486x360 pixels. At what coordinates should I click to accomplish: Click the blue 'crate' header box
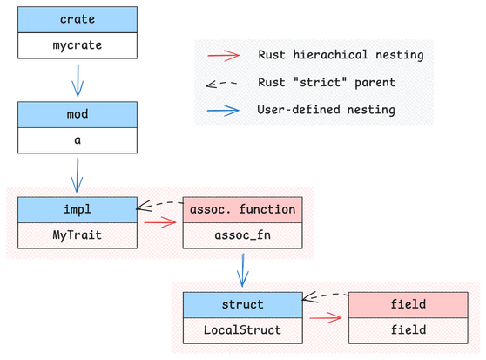78,19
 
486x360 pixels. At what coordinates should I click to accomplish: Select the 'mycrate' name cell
78,45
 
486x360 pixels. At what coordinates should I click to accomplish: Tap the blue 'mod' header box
78,114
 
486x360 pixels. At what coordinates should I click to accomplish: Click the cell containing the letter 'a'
78,140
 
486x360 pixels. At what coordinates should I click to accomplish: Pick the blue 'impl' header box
78,209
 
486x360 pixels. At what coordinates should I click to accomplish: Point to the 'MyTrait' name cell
78,235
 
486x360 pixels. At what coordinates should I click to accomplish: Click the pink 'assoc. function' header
243,209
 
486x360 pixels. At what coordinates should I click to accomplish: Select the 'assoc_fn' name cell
243,235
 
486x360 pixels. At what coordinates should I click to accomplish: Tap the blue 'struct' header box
243,304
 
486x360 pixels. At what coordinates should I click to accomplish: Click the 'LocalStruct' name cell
243,330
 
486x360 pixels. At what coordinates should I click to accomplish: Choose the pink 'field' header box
408,304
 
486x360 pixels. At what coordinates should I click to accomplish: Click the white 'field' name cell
408,330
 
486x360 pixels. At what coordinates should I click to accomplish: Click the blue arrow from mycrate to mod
78,80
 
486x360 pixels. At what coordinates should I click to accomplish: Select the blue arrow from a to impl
78,175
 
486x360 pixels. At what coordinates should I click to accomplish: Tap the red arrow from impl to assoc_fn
160,222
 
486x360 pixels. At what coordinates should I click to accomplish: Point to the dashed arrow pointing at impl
159,205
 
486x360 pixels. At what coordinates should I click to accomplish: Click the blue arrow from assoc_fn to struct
243,270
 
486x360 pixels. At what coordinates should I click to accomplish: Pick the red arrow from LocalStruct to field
326,317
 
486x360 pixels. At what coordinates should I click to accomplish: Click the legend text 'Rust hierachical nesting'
341,55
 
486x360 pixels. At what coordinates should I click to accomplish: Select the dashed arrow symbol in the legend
221,84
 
